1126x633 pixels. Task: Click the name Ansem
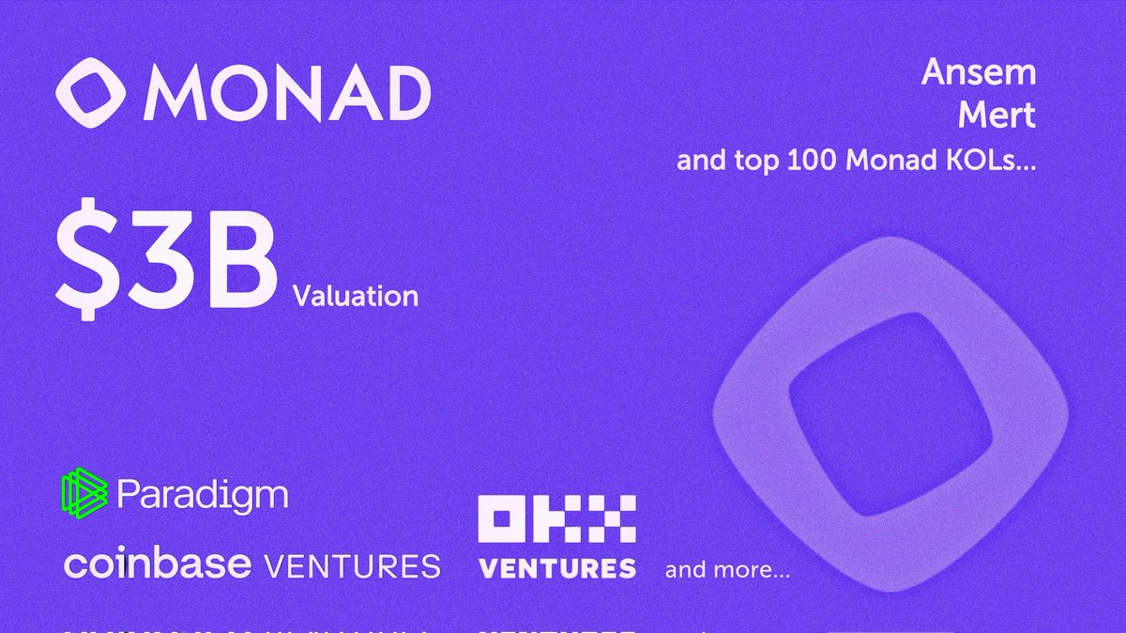point(978,73)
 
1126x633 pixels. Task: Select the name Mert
point(996,116)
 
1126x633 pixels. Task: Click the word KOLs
point(994,162)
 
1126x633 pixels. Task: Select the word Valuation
point(355,297)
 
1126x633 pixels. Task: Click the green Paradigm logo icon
point(85,494)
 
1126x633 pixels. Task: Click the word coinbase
point(158,564)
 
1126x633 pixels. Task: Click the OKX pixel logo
point(557,522)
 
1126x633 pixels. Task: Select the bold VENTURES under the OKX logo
point(557,568)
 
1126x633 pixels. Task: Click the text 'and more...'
point(727,569)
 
